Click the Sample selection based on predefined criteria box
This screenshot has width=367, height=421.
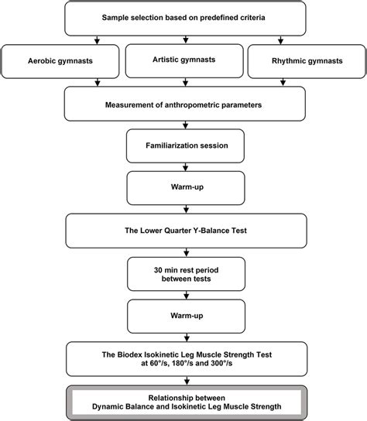(x=183, y=17)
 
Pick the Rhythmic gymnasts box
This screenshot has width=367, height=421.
(x=304, y=60)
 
